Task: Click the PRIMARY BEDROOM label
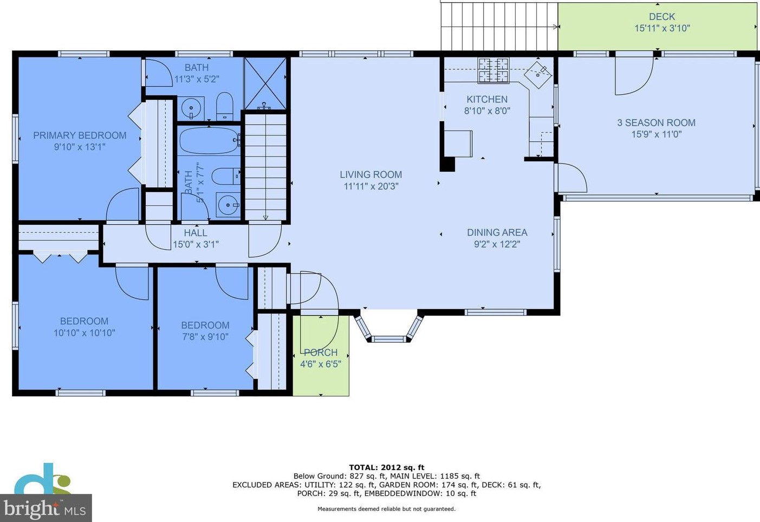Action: click(80, 135)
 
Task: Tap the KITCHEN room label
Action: click(487, 100)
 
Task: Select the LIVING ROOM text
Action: click(371, 175)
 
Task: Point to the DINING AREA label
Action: click(497, 233)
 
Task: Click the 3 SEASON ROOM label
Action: click(656, 123)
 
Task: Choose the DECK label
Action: click(662, 17)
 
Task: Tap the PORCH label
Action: click(321, 353)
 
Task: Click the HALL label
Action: click(196, 233)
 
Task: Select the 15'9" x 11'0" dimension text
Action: click(656, 134)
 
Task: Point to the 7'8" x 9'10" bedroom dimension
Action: click(205, 337)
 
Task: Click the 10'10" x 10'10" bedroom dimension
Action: click(84, 332)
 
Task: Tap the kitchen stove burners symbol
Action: click(493, 70)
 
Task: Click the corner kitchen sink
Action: click(538, 74)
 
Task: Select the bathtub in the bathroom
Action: click(209, 140)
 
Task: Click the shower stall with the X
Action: click(265, 83)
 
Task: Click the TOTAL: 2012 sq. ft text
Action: click(387, 468)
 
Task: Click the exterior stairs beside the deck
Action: click(499, 26)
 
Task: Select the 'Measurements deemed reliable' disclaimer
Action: click(386, 509)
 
